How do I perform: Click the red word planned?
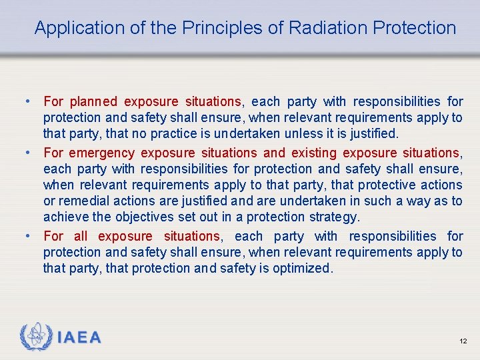point(93,102)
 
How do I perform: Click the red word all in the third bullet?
point(81,236)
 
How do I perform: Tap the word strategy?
point(337,217)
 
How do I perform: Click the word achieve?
point(64,217)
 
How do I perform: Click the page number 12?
point(463,341)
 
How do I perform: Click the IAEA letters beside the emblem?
point(79,338)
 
